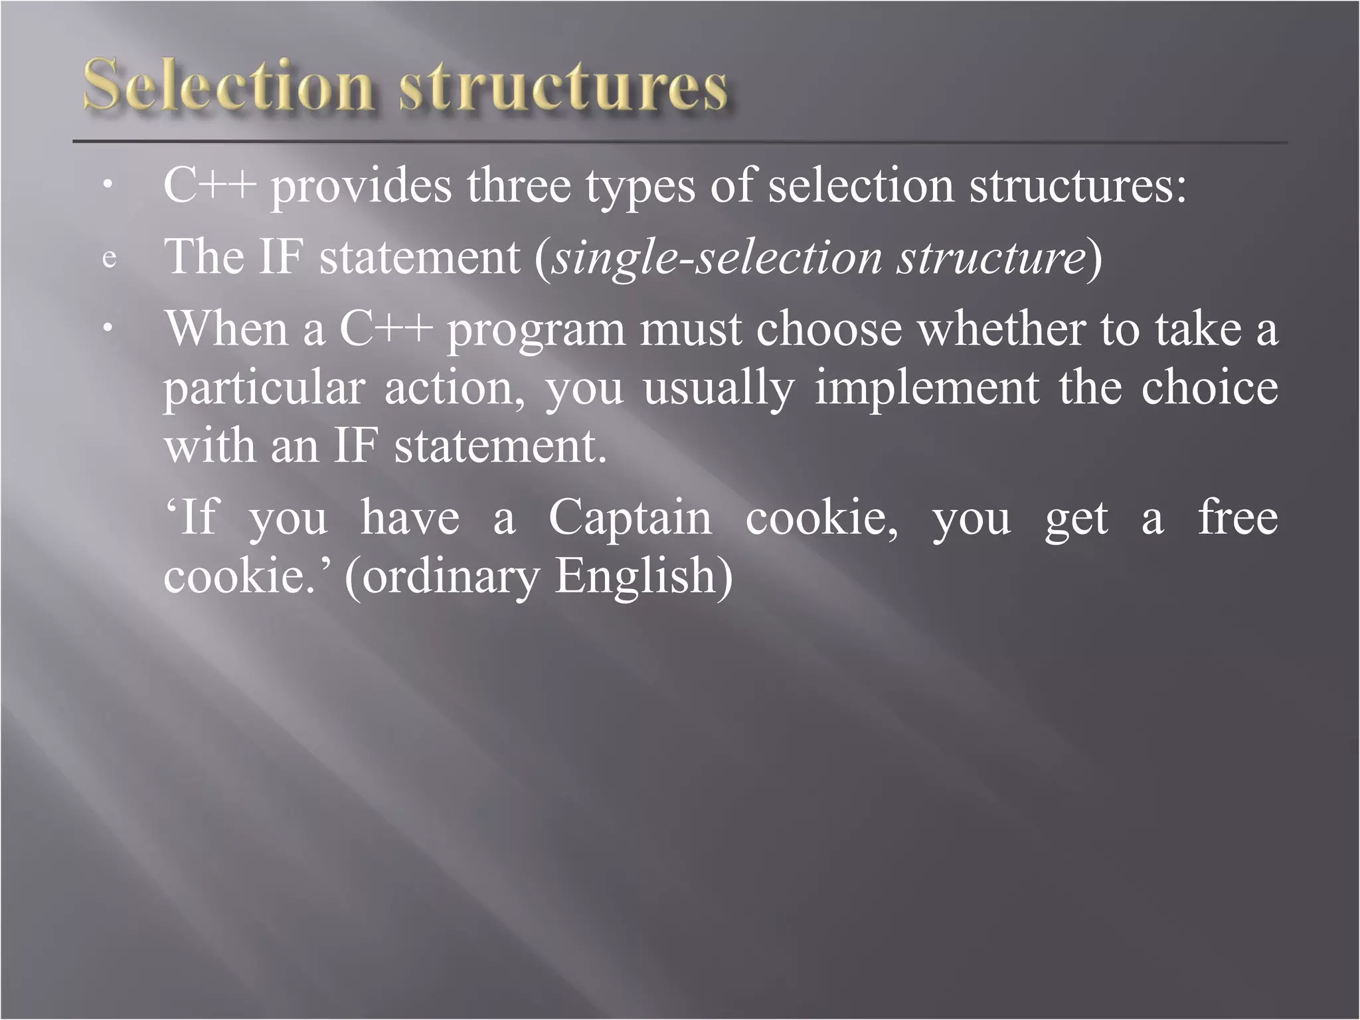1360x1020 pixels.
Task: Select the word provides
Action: coord(361,187)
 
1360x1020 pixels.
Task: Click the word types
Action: coord(640,188)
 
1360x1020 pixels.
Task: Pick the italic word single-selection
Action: coord(717,258)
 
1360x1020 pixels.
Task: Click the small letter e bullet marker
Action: coord(110,258)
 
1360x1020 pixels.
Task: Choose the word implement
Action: coord(927,388)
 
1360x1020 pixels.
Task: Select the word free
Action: coord(1238,517)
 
